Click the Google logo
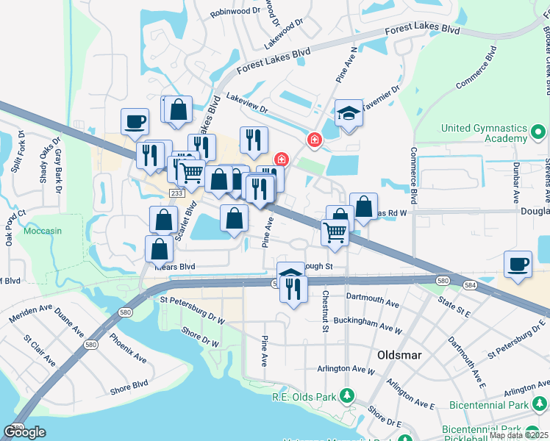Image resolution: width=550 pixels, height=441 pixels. click(x=24, y=432)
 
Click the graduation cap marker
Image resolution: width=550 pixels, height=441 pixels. click(x=349, y=114)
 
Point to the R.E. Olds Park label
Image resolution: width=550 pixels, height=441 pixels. click(x=303, y=397)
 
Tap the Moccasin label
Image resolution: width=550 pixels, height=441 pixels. click(x=43, y=230)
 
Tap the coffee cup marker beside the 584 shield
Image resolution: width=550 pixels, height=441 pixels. click(x=518, y=264)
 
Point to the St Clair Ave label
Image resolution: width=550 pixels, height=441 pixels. click(x=39, y=352)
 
